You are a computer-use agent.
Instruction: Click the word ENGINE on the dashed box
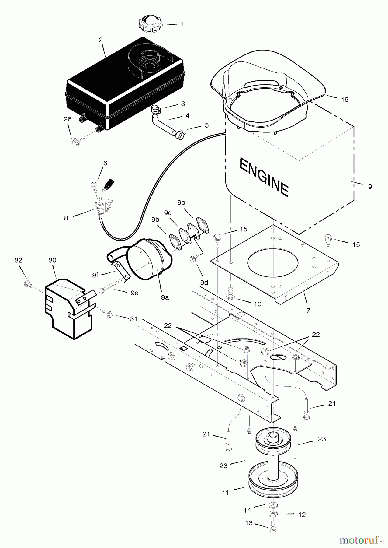point(264,177)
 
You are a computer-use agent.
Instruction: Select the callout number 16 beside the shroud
point(345,100)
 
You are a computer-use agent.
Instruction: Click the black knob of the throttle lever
point(109,184)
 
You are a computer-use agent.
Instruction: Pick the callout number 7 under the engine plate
point(308,311)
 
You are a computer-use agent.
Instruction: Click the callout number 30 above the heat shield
point(53,260)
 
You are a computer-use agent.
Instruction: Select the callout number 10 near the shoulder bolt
point(258,304)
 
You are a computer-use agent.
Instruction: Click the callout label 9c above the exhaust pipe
point(168,213)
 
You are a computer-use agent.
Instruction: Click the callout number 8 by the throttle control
point(66,218)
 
